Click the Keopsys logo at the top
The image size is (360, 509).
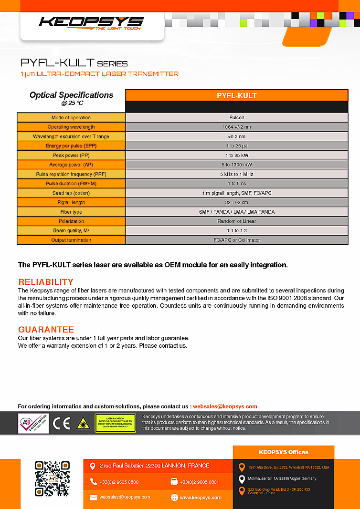pos(91,22)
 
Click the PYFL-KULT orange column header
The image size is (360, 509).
pos(236,95)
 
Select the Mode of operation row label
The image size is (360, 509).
pos(71,117)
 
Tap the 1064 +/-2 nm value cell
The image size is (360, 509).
pos(236,127)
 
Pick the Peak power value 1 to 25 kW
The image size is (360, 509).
pos(236,156)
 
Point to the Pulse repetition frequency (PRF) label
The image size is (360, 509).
pos(71,174)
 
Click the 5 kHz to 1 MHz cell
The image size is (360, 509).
pos(236,174)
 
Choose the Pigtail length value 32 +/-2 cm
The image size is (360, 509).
pos(236,203)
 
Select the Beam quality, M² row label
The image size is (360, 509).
pos(71,231)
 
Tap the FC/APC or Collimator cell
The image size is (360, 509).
pos(236,240)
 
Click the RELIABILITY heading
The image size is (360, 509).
pos(46,282)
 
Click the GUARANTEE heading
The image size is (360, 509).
pos(46,330)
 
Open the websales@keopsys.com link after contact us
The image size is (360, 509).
pos(225,406)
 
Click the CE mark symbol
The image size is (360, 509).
pos(61,423)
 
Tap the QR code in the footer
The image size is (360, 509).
pos(53,478)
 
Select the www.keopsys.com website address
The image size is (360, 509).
pos(201,498)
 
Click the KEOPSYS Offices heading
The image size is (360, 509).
pos(284,452)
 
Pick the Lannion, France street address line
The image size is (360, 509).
pos(154,466)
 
